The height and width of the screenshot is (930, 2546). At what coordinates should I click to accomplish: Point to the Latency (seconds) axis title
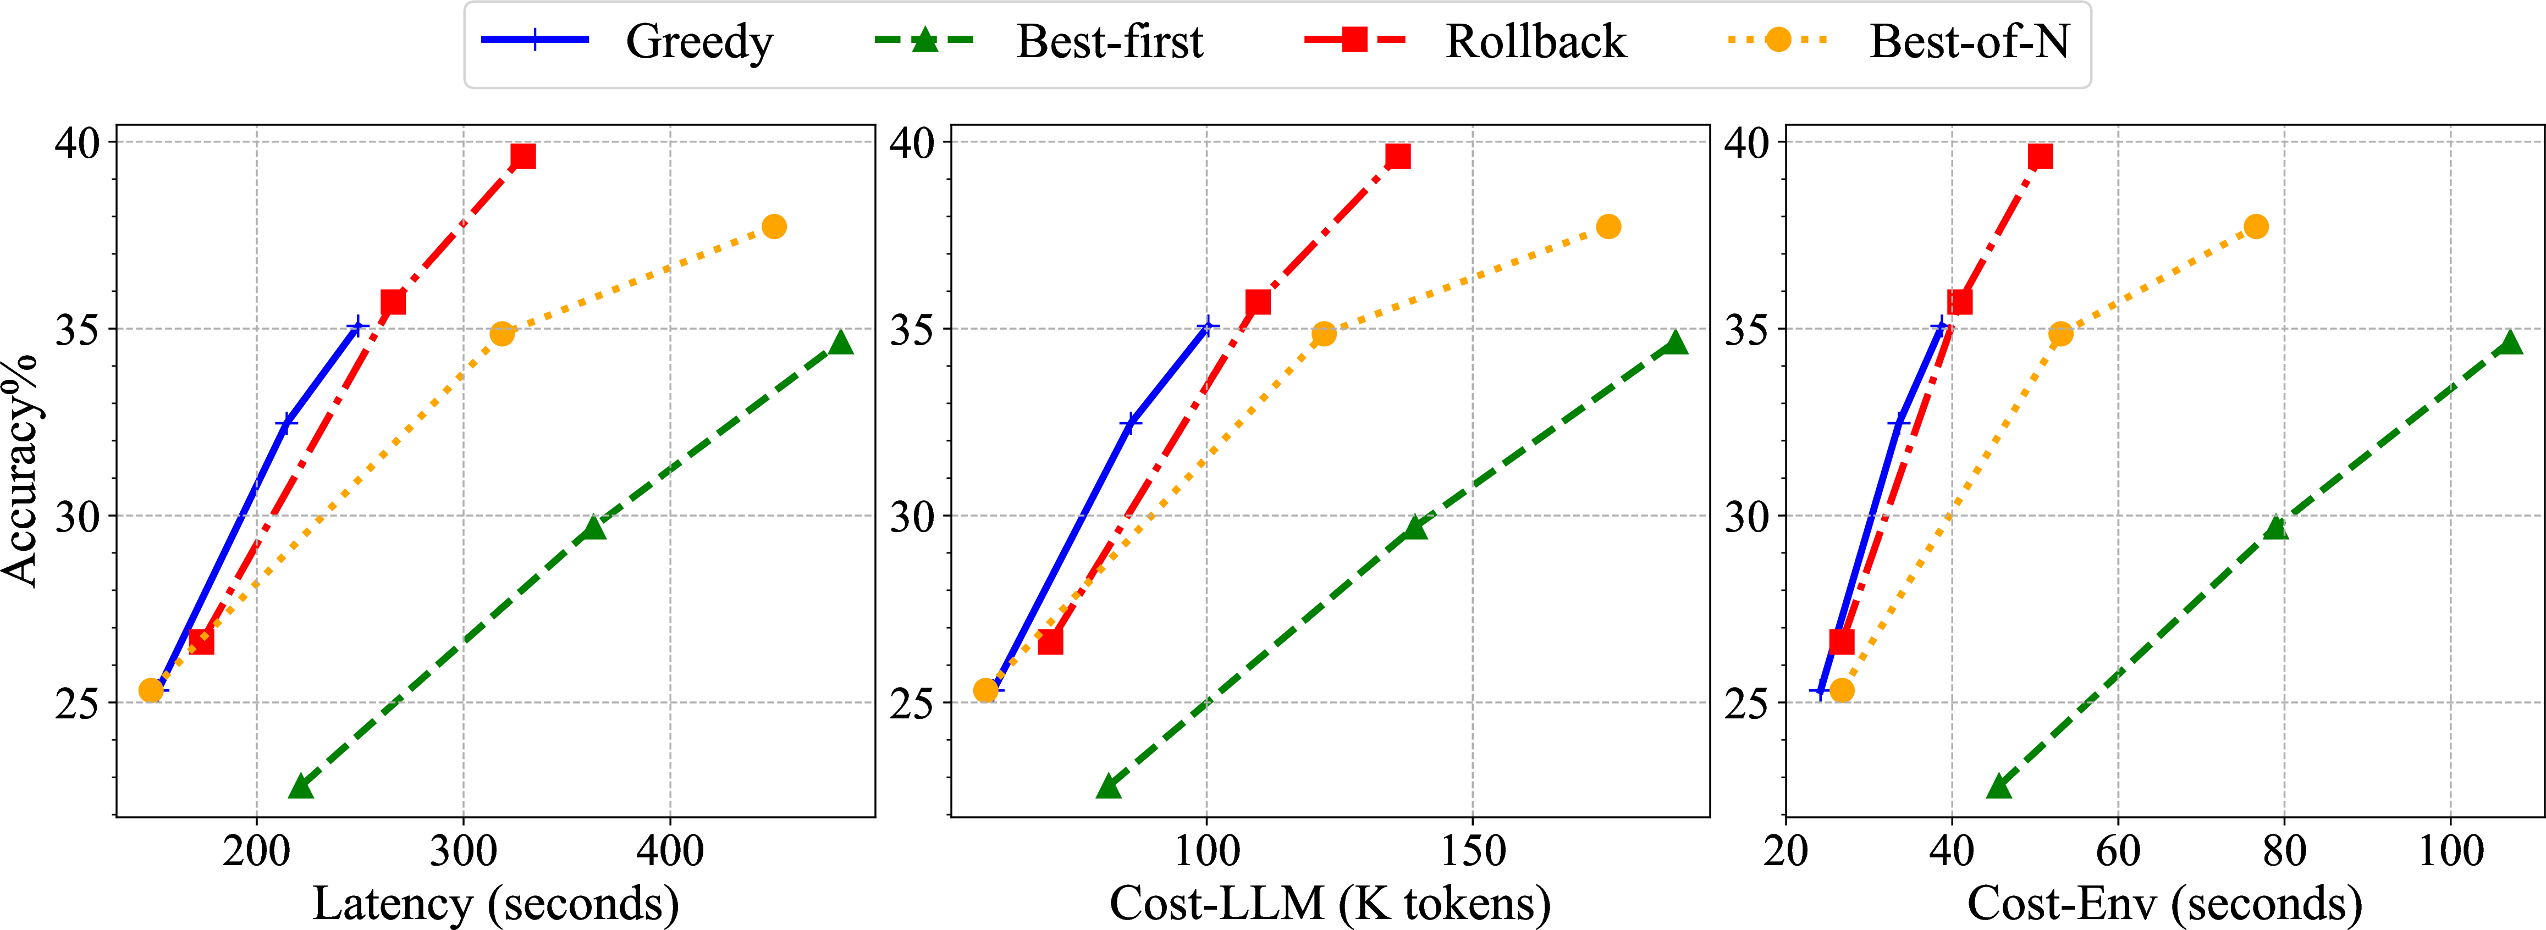(495, 903)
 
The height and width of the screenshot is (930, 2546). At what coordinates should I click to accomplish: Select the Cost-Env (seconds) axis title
(2164, 903)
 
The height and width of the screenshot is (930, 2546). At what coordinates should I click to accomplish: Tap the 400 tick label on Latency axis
(670, 850)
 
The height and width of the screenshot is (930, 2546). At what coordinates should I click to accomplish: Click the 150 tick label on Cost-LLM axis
(1473, 850)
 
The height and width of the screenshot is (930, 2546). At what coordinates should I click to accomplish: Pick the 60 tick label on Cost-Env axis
(2118, 850)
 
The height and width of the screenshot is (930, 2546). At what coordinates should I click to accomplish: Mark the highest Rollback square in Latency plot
(523, 156)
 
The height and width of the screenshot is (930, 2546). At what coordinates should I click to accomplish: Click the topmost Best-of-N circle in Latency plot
(774, 226)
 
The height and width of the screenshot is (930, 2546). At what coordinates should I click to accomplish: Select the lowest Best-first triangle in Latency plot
(300, 785)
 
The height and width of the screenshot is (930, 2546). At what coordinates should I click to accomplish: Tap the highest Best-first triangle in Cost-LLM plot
(1676, 342)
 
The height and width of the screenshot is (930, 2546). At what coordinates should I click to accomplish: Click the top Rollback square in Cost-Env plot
(2040, 156)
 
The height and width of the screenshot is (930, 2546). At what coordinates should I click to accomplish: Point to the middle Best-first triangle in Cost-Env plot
(2276, 527)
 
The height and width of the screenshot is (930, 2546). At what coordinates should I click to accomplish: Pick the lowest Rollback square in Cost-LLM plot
(1050, 641)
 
